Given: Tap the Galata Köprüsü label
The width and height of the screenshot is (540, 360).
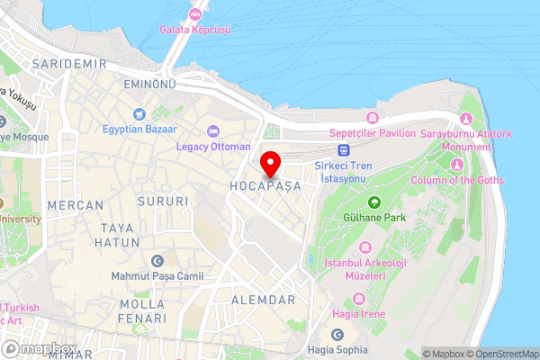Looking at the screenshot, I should tap(195, 30).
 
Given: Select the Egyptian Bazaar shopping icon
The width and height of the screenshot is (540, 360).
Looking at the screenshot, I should tap(138, 113).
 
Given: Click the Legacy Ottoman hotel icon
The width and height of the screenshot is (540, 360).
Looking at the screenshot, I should tap(213, 131).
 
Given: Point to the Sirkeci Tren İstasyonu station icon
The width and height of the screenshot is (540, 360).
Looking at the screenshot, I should tap(343, 150).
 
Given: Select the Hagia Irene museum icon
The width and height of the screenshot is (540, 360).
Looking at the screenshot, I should tap(361, 299).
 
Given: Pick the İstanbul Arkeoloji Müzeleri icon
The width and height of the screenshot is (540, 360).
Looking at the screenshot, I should tap(364, 247).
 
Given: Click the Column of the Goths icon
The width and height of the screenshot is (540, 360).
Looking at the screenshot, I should tap(456, 165).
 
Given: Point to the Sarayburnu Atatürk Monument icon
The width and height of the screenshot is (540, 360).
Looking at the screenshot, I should tap(465, 120).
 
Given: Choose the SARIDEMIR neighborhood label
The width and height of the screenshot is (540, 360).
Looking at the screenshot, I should tap(68, 64).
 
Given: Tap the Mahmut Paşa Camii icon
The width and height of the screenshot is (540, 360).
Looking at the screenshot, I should tap(158, 260).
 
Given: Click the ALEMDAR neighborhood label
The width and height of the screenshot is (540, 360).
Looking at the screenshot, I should tap(264, 300).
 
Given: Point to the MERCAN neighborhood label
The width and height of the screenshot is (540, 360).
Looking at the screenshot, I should tap(76, 205).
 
